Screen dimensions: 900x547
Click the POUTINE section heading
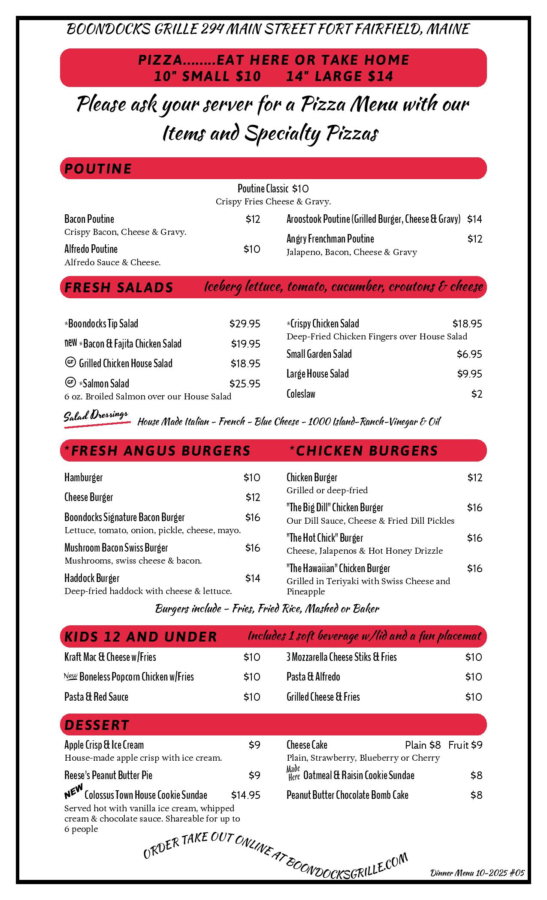click(98, 168)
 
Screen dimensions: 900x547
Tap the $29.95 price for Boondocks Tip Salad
click(245, 324)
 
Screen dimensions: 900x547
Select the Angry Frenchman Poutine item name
click(330, 239)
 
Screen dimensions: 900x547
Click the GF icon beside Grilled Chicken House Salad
click(70, 363)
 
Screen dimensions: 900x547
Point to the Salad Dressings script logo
click(97, 417)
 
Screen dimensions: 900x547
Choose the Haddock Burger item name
click(92, 578)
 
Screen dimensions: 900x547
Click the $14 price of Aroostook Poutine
click(474, 219)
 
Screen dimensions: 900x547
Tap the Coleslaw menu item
click(301, 394)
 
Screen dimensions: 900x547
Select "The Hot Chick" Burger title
click(324, 538)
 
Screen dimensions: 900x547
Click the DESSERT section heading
click(97, 725)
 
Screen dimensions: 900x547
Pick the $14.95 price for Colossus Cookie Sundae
click(245, 795)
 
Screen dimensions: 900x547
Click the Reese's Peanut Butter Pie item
click(108, 775)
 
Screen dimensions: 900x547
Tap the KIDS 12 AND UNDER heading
click(140, 636)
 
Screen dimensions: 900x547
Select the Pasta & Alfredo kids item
click(313, 677)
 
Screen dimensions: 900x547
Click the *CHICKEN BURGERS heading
click(363, 450)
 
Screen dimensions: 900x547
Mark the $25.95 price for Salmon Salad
click(245, 384)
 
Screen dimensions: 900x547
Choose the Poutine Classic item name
click(263, 189)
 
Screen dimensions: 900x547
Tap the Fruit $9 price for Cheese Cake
click(465, 745)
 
